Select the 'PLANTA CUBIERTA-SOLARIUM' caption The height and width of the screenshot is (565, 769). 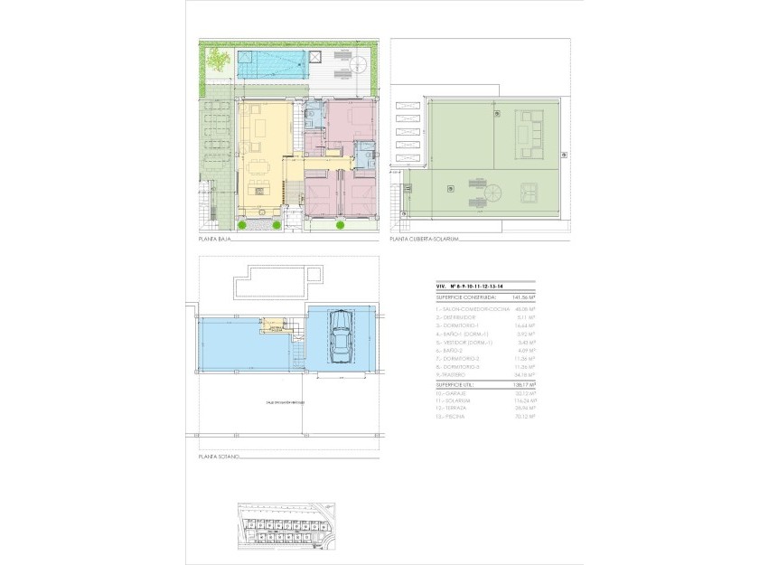pos(426,240)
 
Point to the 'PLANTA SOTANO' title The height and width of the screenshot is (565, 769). pos(220,458)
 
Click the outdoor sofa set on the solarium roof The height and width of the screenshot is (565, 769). pos(527,131)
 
